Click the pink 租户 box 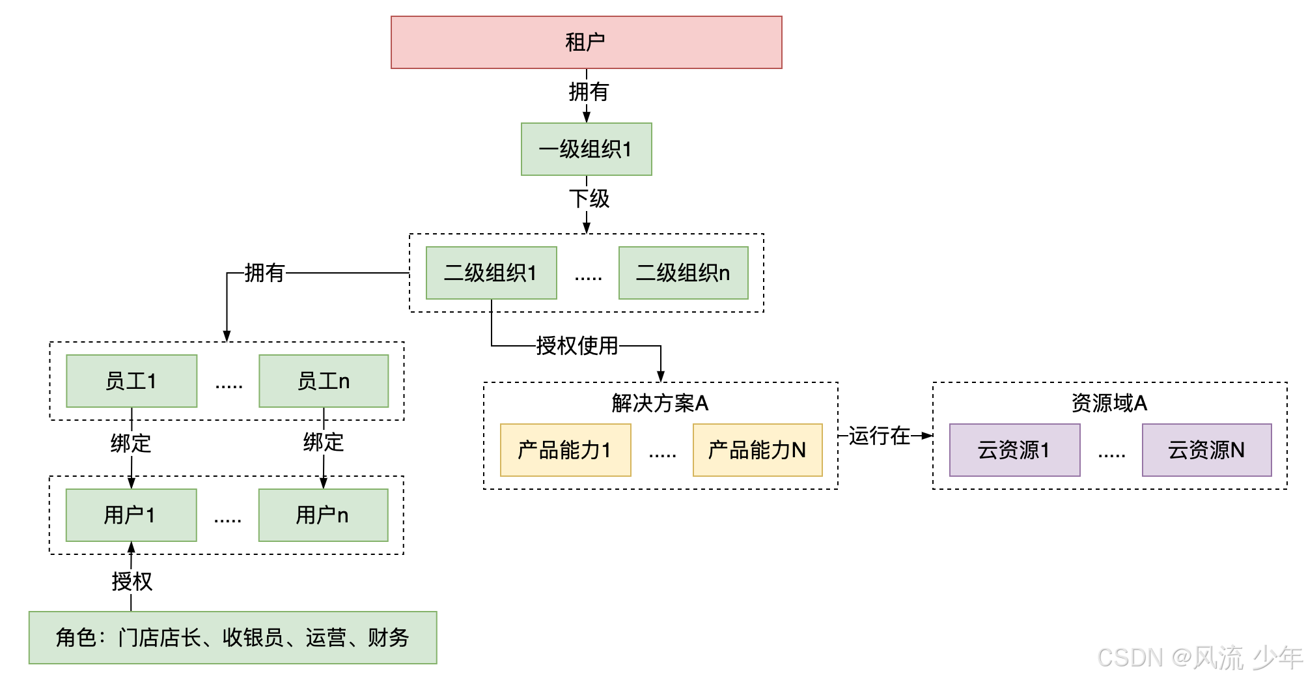click(x=586, y=42)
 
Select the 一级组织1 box click(x=586, y=149)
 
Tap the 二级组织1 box click(x=491, y=273)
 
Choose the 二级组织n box click(x=683, y=273)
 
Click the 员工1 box click(x=132, y=381)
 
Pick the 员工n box click(x=324, y=381)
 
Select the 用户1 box click(x=131, y=515)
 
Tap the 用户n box click(x=323, y=515)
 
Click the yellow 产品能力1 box click(x=565, y=450)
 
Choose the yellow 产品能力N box click(x=757, y=450)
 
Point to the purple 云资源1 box click(x=1014, y=450)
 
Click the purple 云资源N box click(x=1206, y=450)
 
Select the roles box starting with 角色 click(x=232, y=638)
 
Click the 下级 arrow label click(x=589, y=199)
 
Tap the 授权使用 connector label click(x=577, y=346)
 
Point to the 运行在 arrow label click(x=879, y=436)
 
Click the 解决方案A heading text click(x=660, y=403)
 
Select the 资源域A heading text click(x=1109, y=403)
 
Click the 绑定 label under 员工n click(x=324, y=442)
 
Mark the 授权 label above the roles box click(x=132, y=581)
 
